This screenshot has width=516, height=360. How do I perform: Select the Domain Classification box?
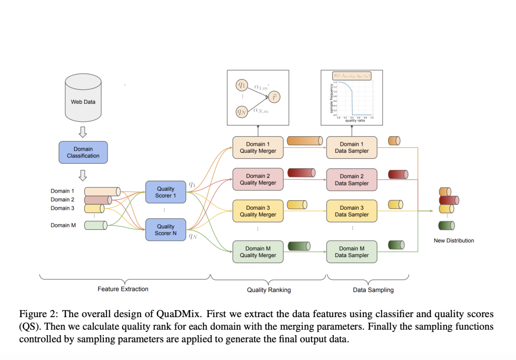tap(83, 152)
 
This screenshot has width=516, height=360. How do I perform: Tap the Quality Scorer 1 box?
tap(166, 192)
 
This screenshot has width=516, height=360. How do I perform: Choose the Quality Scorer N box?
tap(166, 229)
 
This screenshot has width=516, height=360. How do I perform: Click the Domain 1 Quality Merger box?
tap(258, 147)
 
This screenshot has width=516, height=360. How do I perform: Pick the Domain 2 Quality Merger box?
tap(258, 179)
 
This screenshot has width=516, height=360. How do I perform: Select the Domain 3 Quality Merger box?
tap(258, 211)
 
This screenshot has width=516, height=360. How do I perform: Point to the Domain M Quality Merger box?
tap(258, 252)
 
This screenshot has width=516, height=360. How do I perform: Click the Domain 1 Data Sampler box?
tap(352, 147)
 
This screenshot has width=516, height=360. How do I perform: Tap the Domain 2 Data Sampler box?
tap(352, 179)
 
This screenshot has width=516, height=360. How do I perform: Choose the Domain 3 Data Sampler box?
tap(352, 211)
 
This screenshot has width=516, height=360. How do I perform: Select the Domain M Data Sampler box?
tap(352, 252)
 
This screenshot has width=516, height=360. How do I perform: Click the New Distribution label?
tap(454, 241)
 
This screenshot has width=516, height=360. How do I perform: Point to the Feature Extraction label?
tap(123, 289)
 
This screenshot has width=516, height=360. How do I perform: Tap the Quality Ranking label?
tap(269, 290)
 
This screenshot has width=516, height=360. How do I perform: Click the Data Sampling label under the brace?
tap(373, 290)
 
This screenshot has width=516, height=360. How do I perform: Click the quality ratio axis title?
tap(355, 121)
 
